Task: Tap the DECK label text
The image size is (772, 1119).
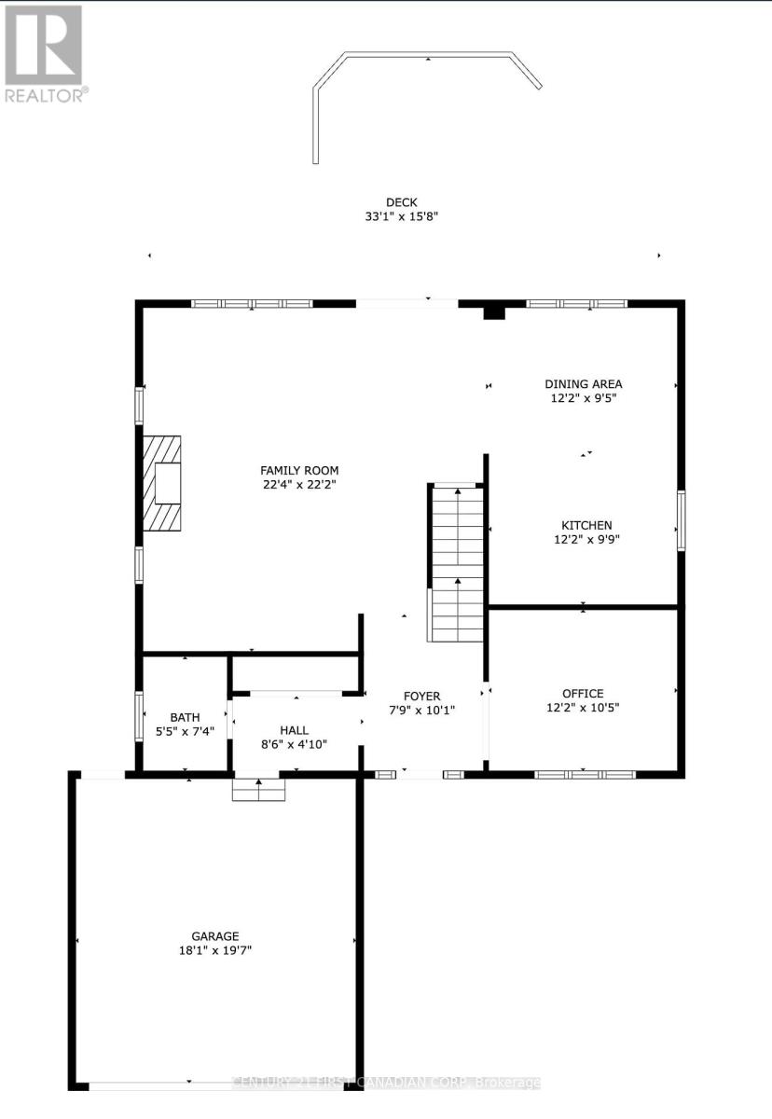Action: pos(402,202)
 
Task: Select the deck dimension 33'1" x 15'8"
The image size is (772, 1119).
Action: pos(402,216)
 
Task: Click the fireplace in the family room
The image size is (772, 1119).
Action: pos(162,482)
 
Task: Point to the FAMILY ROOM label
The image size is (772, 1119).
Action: pos(299,470)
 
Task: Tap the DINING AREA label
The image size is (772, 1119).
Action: pos(583,383)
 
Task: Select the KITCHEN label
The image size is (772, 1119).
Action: pos(586,525)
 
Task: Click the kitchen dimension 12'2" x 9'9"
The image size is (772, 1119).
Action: pos(586,539)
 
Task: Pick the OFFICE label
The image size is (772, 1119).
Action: pos(583,693)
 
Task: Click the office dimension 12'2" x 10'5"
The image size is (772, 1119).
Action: pos(583,707)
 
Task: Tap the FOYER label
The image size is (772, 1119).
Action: pos(421,696)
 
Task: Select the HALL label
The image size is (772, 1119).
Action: pos(295,730)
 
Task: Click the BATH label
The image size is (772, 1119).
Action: pos(185,717)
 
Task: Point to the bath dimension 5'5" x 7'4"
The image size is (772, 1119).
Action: pos(185,731)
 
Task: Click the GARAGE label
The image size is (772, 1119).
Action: pos(215,936)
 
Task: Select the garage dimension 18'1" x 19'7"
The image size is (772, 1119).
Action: pos(215,950)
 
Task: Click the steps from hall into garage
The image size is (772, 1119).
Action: pos(258,790)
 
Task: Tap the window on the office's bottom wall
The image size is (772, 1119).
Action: pos(585,774)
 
